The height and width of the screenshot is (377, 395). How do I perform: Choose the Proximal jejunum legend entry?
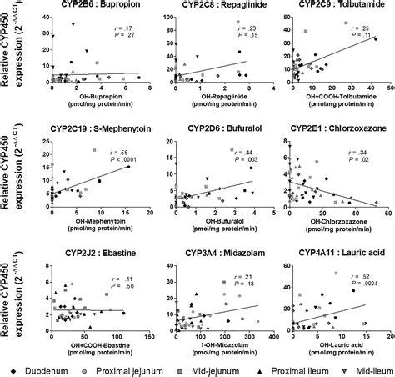pyautogui.click(x=119, y=368)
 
